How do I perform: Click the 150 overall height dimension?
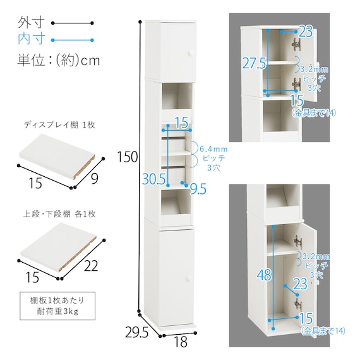tap(128, 157)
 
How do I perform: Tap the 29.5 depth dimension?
tap(136, 332)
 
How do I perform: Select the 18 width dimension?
tap(181, 342)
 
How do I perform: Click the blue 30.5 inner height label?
tap(154, 179)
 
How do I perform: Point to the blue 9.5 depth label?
tap(198, 189)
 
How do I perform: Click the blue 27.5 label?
tap(254, 63)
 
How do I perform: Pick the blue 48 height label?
tap(264, 275)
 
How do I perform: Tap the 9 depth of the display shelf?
tap(95, 178)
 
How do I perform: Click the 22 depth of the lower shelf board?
tap(91, 266)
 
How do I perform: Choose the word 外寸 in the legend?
tap(31, 22)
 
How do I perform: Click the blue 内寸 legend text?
tap(31, 39)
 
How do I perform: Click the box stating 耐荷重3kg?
tap(57, 306)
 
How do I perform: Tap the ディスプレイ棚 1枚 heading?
tap(59, 125)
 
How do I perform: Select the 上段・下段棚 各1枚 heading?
tap(59, 214)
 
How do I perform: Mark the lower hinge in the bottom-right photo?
tap(299, 305)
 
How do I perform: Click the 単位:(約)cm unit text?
tap(59, 61)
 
